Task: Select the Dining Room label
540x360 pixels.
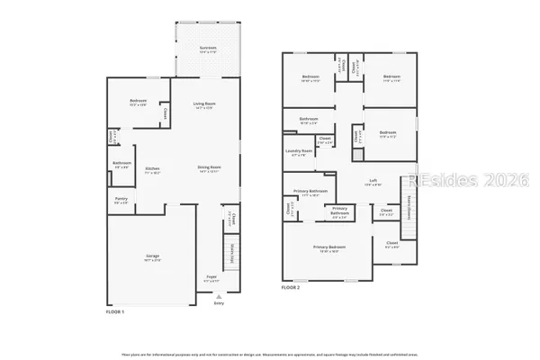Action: coord(210,167)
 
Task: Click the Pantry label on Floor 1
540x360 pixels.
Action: coord(121,201)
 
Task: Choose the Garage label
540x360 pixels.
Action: coord(153,256)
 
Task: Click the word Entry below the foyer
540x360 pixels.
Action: coord(218,303)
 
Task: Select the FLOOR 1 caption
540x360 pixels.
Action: coord(116,310)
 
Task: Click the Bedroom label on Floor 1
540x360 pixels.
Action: coord(138,100)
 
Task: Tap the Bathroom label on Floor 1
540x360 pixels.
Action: coord(121,163)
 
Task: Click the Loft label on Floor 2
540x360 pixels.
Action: coord(373,181)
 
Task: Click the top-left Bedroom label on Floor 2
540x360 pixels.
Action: coord(310,77)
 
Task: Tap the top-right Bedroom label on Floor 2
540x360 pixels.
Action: coord(390,77)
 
